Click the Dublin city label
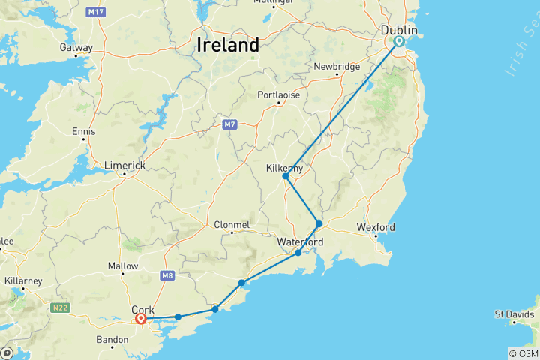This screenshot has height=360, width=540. click(x=398, y=30)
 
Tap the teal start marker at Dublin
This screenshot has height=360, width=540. click(x=399, y=42)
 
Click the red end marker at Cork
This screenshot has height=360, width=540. click(x=141, y=319)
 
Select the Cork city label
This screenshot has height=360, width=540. click(x=142, y=308)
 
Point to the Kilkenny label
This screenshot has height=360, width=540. click(x=285, y=169)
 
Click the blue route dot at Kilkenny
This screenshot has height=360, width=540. click(x=286, y=177)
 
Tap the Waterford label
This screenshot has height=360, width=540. click(x=300, y=242)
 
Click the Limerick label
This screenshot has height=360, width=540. click(x=124, y=166)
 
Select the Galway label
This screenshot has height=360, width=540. click(x=76, y=47)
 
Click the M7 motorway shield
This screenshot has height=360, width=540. click(x=229, y=124)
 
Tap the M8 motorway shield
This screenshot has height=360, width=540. click(x=166, y=276)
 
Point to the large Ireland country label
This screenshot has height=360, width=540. click(x=228, y=45)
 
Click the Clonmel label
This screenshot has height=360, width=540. click(x=232, y=224)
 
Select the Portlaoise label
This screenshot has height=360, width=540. click(x=278, y=95)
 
